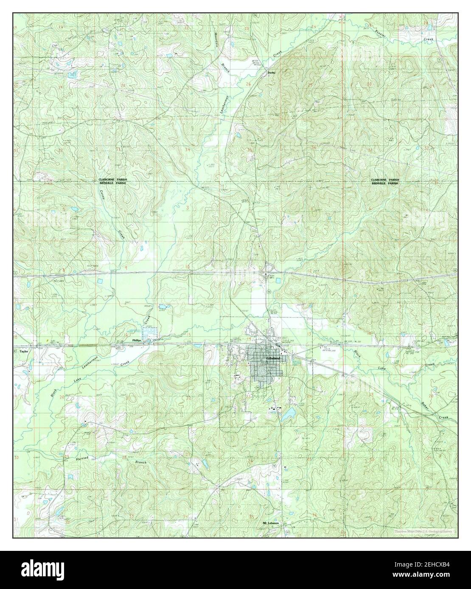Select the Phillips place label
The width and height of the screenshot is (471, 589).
click(x=136, y=340)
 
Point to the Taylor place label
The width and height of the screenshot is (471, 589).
click(x=23, y=351)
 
